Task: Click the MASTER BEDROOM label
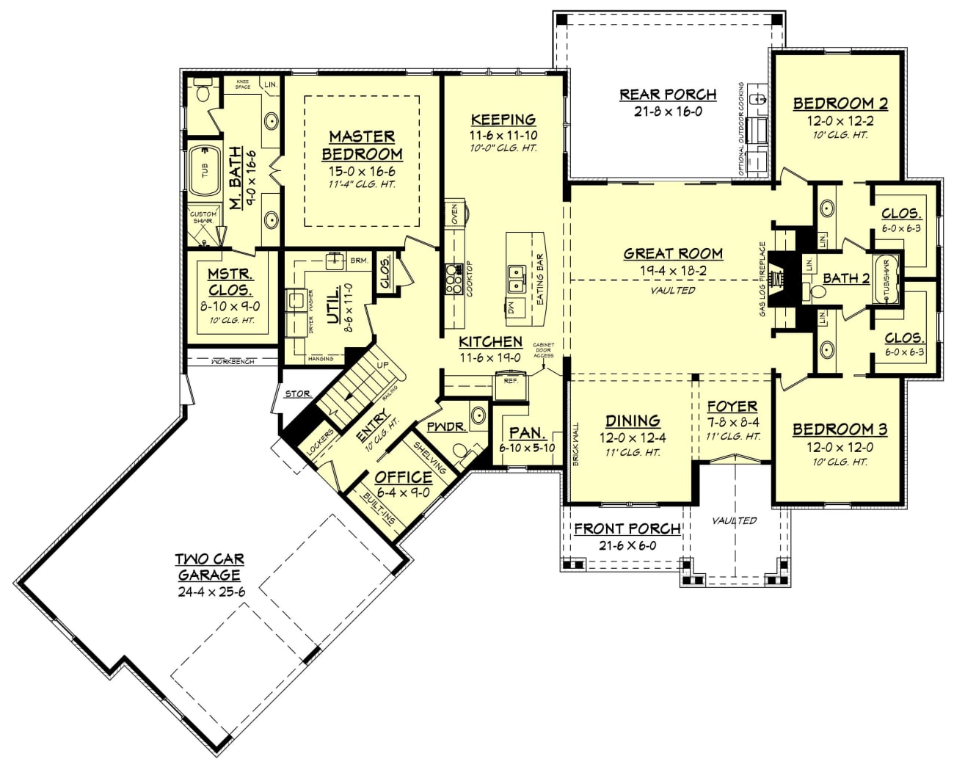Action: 362,145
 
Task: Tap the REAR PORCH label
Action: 668,94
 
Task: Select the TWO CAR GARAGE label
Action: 209,567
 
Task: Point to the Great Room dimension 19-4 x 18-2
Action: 673,271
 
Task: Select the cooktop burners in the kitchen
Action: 452,280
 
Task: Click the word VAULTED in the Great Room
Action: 673,290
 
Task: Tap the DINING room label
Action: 633,421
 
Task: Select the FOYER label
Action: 732,406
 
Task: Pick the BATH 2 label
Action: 845,278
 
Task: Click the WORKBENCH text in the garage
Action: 233,362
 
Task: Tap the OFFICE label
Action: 404,477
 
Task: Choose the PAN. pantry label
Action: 527,433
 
